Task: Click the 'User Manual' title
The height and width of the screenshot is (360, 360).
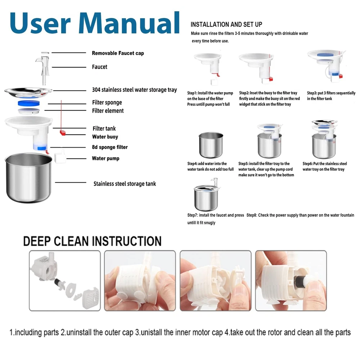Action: coord(95,23)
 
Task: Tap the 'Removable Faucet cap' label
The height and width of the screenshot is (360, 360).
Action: coord(118,53)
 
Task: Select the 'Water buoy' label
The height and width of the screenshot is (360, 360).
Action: coord(105,137)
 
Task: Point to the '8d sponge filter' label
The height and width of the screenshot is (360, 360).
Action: coord(110,147)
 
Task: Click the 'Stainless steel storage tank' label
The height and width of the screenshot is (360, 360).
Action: coord(125,184)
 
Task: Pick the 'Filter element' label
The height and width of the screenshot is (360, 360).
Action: coord(108,111)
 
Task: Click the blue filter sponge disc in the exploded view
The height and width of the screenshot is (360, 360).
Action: coord(29,103)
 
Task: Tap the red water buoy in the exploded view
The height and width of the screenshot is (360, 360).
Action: coord(63,133)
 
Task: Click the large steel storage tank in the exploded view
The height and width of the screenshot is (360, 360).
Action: coord(29,178)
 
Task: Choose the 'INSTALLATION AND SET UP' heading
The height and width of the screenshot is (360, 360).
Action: coord(226,24)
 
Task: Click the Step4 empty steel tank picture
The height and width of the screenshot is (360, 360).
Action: coord(211,145)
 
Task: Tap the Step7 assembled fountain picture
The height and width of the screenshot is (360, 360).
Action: coord(207,195)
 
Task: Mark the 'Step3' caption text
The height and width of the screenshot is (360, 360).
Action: coord(331,96)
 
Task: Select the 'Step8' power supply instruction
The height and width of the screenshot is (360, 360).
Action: coord(300,215)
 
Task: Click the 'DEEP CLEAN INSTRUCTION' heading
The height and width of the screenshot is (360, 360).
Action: coord(92,241)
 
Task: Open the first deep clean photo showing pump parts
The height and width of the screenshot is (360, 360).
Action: coord(65,280)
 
